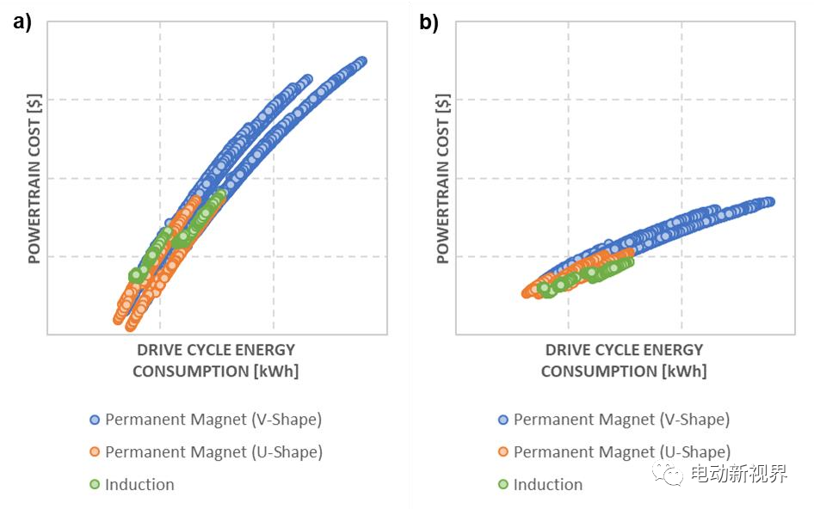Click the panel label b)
429,23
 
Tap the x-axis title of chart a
215,360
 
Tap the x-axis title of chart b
624,360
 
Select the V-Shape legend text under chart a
213,420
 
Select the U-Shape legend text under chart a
213,452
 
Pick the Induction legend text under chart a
139,485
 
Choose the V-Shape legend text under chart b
621,420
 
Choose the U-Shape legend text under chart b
621,452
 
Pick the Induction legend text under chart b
548,485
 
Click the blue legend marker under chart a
95,420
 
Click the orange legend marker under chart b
503,452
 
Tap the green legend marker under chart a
95,485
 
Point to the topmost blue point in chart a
361,61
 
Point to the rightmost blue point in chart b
769,202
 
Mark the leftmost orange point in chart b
527,293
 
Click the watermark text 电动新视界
737,473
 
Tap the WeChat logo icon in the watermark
668,472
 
